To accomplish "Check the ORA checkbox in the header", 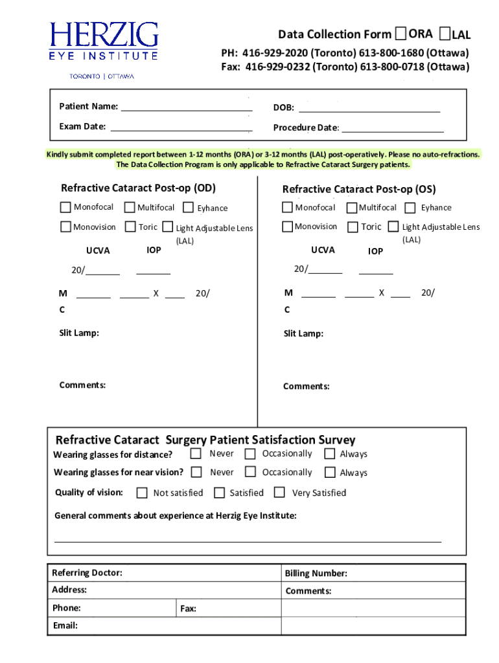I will (x=401, y=33).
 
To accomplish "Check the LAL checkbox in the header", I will (x=445, y=33).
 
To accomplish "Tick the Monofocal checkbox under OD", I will (x=65, y=207).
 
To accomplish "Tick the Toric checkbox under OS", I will (x=353, y=227).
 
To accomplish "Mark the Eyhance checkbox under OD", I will (x=189, y=208).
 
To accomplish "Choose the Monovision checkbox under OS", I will (x=287, y=227).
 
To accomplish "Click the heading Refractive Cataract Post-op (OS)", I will (x=358, y=189).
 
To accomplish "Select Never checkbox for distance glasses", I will (x=196, y=453).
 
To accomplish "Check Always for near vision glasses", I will (x=330, y=473).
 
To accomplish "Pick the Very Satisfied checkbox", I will (x=279, y=492).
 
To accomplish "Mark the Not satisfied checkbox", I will (x=142, y=493).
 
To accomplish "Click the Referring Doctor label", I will (x=87, y=573).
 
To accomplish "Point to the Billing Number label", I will (x=316, y=574).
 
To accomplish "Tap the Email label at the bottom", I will (x=65, y=625).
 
